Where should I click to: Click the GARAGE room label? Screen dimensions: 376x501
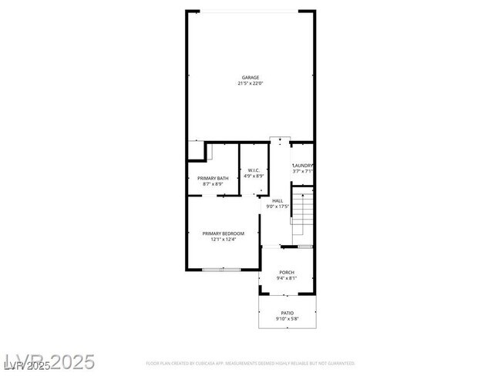click(x=250, y=77)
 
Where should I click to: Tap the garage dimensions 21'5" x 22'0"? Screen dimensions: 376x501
click(x=250, y=83)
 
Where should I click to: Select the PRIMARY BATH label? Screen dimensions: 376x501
click(x=213, y=178)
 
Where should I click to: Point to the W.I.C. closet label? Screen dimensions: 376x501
click(x=254, y=170)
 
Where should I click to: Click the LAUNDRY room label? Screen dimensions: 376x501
click(x=302, y=166)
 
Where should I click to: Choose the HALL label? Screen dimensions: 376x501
click(x=277, y=200)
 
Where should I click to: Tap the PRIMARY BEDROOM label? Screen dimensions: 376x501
click(x=224, y=233)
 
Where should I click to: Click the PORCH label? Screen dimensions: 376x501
click(x=287, y=272)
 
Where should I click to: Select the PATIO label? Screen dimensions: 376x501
click(x=287, y=313)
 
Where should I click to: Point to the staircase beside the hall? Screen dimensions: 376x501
click(x=304, y=215)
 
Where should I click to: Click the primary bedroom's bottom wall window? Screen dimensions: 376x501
click(x=222, y=270)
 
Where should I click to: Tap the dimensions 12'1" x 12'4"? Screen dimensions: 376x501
click(x=224, y=240)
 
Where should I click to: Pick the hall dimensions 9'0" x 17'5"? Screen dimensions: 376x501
click(x=277, y=206)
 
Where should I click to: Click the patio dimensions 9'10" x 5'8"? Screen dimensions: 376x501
click(x=287, y=319)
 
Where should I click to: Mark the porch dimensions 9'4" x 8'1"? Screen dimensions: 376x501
click(x=287, y=278)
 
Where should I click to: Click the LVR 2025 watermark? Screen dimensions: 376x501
click(x=49, y=361)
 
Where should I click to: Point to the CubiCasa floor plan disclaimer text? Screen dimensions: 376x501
click(x=250, y=362)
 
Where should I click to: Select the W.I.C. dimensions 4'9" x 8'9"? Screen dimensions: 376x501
click(x=254, y=176)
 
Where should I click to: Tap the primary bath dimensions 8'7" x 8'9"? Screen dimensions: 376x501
click(x=213, y=184)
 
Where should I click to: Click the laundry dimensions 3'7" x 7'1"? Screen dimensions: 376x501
click(x=302, y=172)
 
